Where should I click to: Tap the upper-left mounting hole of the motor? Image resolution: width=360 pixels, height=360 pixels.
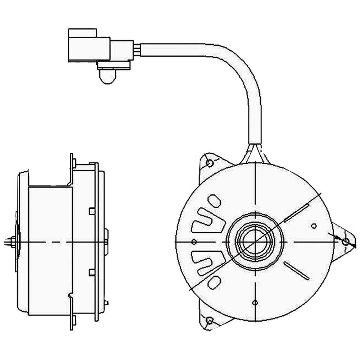coord(210,163)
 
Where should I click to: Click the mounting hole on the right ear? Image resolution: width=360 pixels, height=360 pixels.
coord(346,242)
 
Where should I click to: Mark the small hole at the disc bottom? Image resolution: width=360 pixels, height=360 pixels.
coord(255,302)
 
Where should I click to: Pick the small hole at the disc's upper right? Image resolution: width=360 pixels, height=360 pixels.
coord(314,226)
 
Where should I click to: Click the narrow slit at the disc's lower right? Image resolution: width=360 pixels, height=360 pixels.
coord(296,270)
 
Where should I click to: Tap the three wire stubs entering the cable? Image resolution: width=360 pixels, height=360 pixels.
coord(137,49)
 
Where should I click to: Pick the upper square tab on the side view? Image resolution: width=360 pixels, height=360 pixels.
coord(91,211)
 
